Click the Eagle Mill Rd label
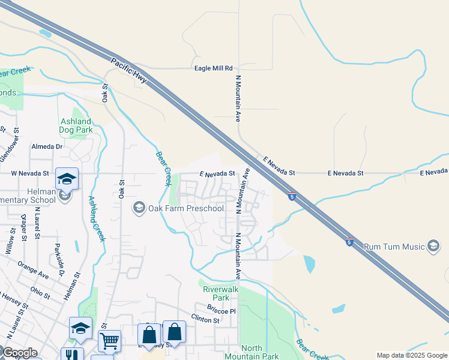tap(213, 68)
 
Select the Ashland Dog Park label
tap(76, 125)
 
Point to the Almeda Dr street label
tap(47, 146)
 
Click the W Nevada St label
tap(30, 173)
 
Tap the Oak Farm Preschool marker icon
tap(139, 208)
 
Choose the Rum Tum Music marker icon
tap(433, 245)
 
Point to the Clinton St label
tap(205, 320)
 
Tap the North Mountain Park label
tap(261, 352)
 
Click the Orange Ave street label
tap(33, 271)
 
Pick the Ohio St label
tap(40, 293)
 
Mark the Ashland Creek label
tap(97, 218)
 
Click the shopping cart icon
tap(109, 341)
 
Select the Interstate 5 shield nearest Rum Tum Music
tap(349, 242)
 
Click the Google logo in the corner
tap(20, 353)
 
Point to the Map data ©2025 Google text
tap(411, 355)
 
